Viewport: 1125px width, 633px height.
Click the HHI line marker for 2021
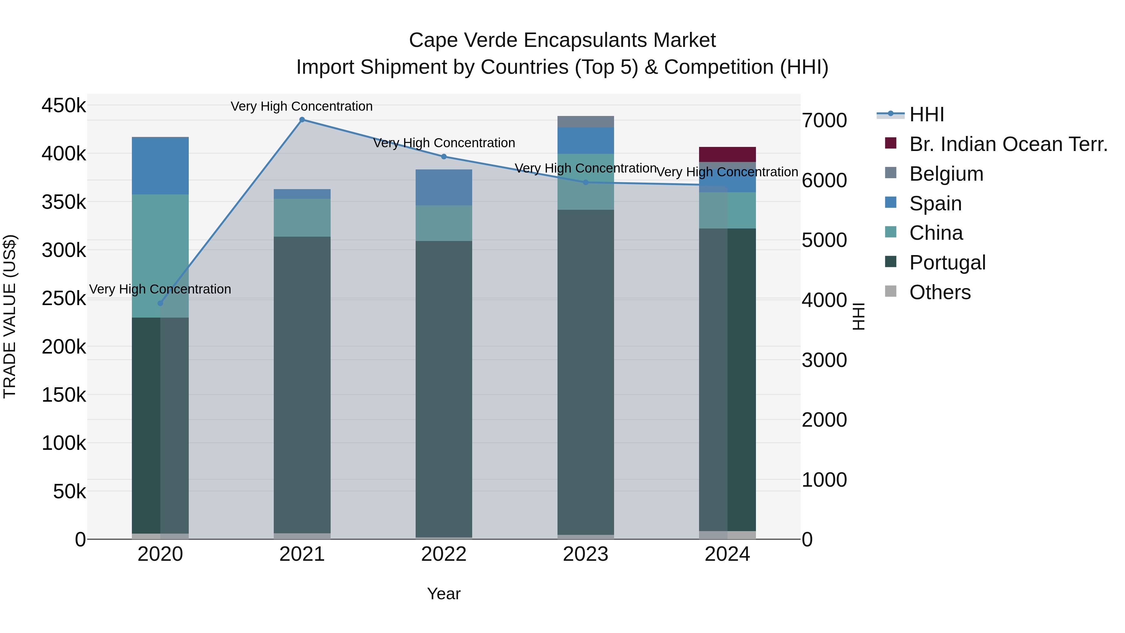(302, 120)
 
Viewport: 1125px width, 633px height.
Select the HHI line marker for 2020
(160, 303)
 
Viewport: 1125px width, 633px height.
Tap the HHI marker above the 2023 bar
(586, 182)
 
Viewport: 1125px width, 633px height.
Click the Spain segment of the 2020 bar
(160, 166)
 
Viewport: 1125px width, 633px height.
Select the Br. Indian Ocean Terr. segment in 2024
(727, 154)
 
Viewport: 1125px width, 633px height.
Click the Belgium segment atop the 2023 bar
(586, 122)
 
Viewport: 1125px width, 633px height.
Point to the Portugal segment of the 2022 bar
(444, 389)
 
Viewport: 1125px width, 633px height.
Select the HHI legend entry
(926, 114)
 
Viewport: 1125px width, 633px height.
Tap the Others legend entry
(940, 292)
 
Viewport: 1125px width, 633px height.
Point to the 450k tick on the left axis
(64, 105)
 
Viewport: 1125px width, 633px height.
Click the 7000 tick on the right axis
(824, 121)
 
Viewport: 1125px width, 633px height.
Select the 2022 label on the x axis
(444, 554)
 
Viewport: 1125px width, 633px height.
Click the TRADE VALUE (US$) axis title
(10, 316)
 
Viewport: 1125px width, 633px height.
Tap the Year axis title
(444, 594)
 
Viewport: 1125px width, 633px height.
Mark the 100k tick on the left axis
(64, 443)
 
